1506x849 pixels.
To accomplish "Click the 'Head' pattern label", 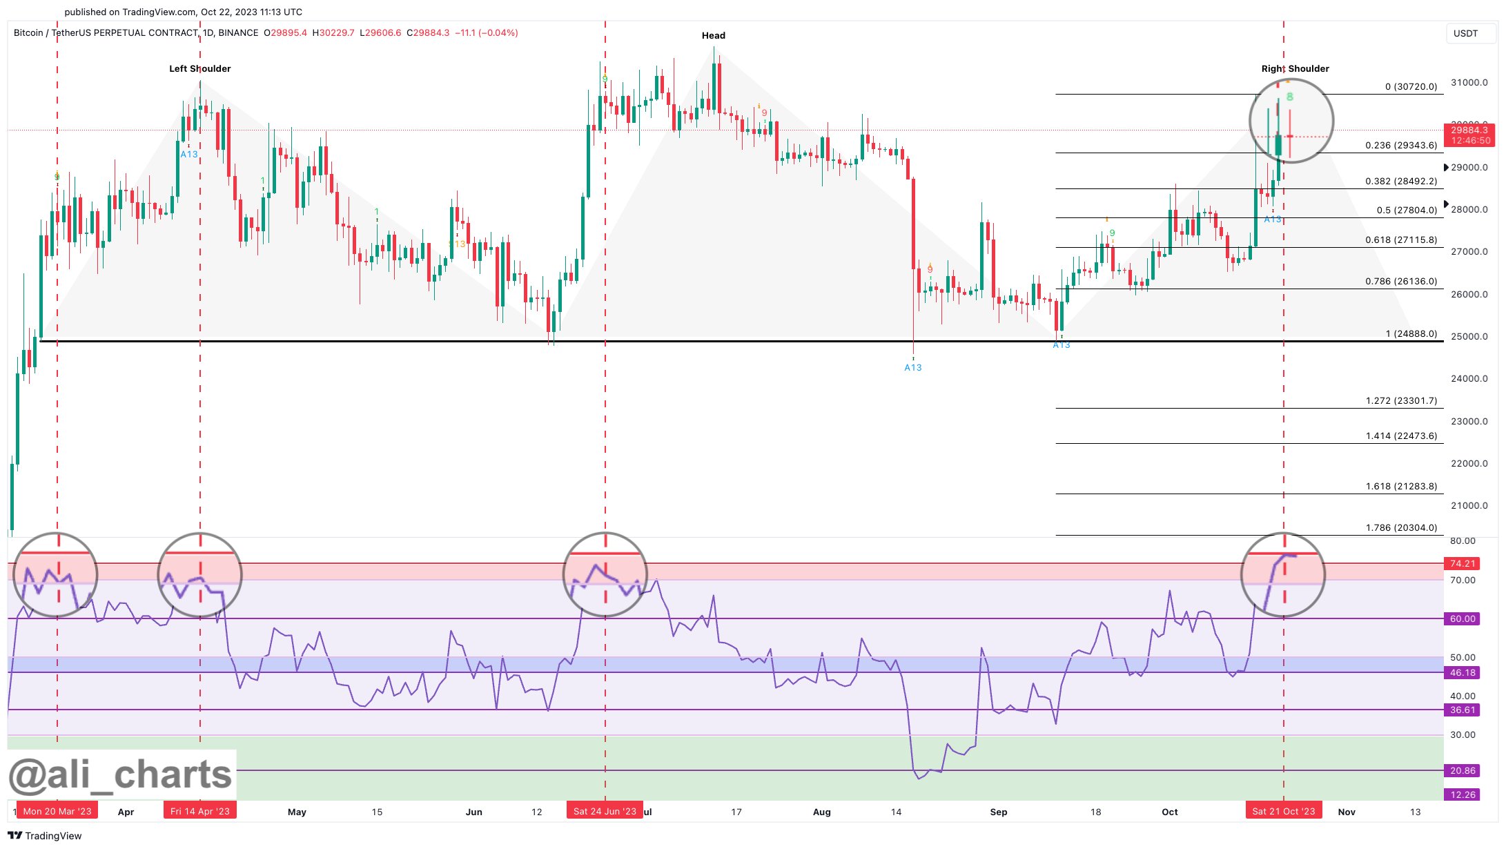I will click(713, 36).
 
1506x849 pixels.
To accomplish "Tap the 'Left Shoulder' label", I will click(200, 69).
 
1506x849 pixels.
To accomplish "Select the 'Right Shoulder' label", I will click(1295, 69).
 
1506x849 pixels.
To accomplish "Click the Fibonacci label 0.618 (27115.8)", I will click(1400, 240).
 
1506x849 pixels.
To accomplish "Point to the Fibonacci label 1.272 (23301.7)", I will click(1400, 401).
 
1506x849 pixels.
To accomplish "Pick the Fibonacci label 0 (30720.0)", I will click(1410, 87).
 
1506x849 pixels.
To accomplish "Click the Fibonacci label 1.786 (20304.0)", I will click(1400, 528).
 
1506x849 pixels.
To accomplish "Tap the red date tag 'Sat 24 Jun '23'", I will click(605, 811).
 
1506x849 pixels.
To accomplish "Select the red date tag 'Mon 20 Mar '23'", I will click(57, 811).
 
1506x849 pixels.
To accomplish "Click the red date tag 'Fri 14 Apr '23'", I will click(200, 811).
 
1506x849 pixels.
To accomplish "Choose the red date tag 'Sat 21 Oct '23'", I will click(1284, 811).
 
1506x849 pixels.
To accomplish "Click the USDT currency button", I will click(1465, 33).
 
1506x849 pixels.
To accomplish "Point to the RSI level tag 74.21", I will click(1463, 564).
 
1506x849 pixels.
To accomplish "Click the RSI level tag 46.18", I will click(1463, 673).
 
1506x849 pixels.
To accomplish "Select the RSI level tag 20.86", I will click(1463, 771).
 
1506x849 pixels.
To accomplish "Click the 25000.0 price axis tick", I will click(1469, 337).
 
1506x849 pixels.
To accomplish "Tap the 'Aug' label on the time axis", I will click(821, 812).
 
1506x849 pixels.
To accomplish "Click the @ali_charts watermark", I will click(121, 775).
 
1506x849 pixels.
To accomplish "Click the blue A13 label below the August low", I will click(912, 368).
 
